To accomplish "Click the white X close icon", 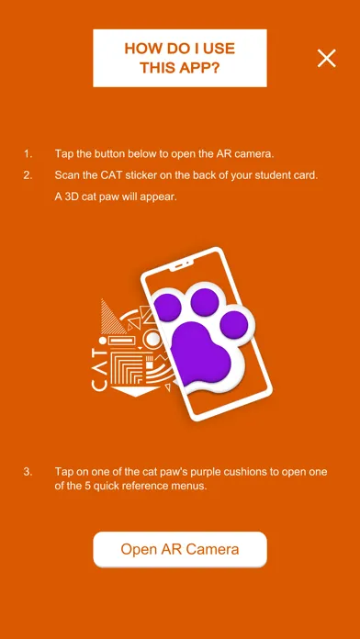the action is [327, 58].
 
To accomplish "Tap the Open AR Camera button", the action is [180, 549].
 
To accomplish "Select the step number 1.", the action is [28, 154].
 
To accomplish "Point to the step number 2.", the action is [28, 175].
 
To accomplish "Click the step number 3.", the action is [28, 472].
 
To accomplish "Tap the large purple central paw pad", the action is [200, 353].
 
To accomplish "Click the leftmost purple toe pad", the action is [167, 307].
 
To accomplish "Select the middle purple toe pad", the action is [205, 302].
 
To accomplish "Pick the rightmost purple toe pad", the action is [234, 325].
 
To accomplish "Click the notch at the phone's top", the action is [182, 266].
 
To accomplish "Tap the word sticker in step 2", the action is [135, 175].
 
